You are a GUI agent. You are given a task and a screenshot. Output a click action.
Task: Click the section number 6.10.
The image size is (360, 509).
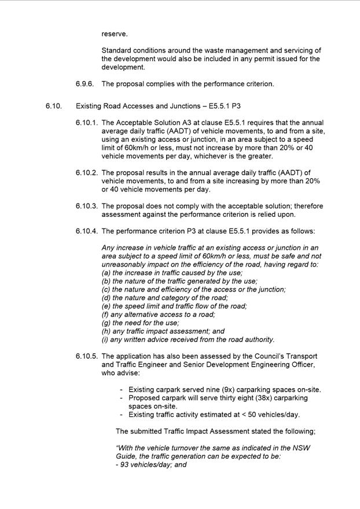pos(53,106)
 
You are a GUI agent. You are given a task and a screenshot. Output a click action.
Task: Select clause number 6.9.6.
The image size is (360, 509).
pos(86,84)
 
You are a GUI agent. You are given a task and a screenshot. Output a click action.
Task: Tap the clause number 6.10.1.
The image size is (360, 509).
pos(86,123)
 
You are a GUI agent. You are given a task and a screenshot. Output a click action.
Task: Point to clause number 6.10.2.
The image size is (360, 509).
pos(86,173)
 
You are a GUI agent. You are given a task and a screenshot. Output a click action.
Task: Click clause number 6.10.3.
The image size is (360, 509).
pos(86,206)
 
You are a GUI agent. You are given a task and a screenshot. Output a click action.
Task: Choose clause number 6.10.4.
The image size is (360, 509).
pos(86,231)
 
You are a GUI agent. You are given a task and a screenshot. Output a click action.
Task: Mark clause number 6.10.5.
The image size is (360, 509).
pos(86,356)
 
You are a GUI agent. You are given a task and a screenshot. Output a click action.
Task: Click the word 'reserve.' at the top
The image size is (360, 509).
pos(115,34)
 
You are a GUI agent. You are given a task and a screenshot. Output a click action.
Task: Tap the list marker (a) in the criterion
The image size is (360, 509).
pos(106,273)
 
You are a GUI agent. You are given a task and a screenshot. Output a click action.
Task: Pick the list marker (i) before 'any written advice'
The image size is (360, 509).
pos(105,340)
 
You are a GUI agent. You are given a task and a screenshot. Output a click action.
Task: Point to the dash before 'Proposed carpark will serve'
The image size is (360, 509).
pos(122,398)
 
